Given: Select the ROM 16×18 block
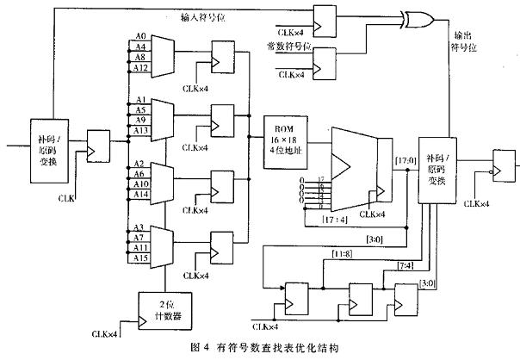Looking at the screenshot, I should pyautogui.click(x=282, y=138).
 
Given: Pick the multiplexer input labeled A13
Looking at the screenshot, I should pyautogui.click(x=141, y=130).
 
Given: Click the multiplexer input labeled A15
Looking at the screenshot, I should pyautogui.click(x=141, y=258).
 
